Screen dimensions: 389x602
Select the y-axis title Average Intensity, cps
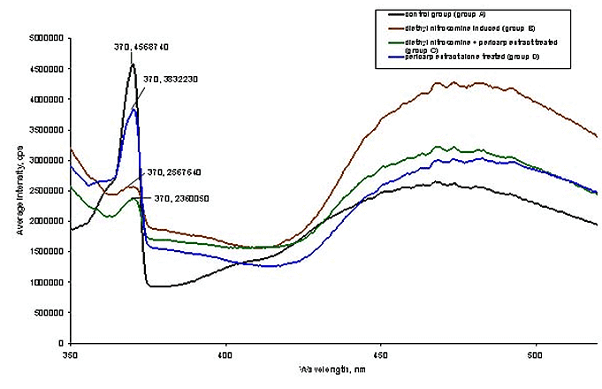pyautogui.click(x=11, y=190)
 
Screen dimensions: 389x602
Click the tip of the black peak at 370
pyautogui.click(x=133, y=64)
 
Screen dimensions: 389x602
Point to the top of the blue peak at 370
pyautogui.click(x=133, y=109)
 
